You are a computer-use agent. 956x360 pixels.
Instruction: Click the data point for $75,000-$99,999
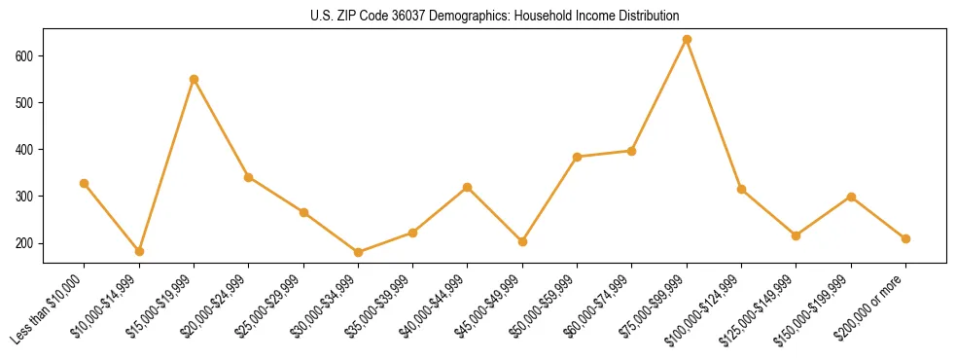coord(687,40)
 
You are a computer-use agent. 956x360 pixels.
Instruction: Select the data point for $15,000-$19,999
coord(194,79)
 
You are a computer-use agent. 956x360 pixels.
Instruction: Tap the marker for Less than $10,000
coord(84,183)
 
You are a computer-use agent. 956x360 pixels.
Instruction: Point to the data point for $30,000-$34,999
coord(358,252)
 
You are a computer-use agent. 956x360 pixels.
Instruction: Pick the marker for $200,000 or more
coord(905,238)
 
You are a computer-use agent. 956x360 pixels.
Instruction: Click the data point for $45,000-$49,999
coord(522,241)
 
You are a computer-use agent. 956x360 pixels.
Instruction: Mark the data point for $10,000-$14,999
coord(139,251)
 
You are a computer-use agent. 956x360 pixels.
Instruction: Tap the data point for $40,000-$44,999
coord(468,187)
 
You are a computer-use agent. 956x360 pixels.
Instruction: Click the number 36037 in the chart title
coord(403,16)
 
